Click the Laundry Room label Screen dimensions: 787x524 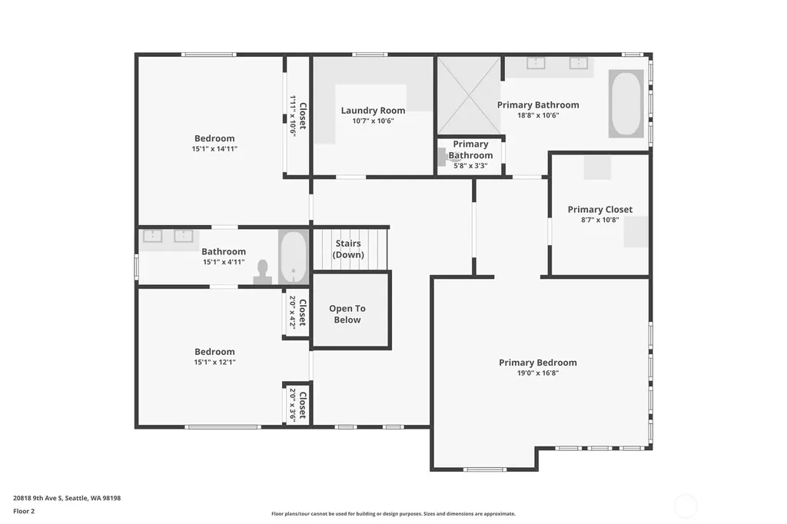373,111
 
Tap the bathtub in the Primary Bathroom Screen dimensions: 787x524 626,104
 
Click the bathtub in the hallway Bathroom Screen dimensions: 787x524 293,257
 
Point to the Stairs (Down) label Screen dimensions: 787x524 348,249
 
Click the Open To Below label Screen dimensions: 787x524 347,314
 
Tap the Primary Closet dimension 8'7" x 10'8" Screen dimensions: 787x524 600,220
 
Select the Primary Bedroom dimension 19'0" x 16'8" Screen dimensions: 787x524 538,373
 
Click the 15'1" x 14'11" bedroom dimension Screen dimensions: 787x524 214,148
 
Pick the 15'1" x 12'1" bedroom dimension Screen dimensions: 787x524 215,362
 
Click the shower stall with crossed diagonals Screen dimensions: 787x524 469,95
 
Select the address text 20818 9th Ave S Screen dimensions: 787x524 38,499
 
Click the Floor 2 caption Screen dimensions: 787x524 24,512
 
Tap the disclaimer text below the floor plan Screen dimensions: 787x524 393,514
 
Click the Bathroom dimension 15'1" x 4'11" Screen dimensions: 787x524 224,262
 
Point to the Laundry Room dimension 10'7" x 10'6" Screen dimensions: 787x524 373,121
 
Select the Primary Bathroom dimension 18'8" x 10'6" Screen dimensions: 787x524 538,115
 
